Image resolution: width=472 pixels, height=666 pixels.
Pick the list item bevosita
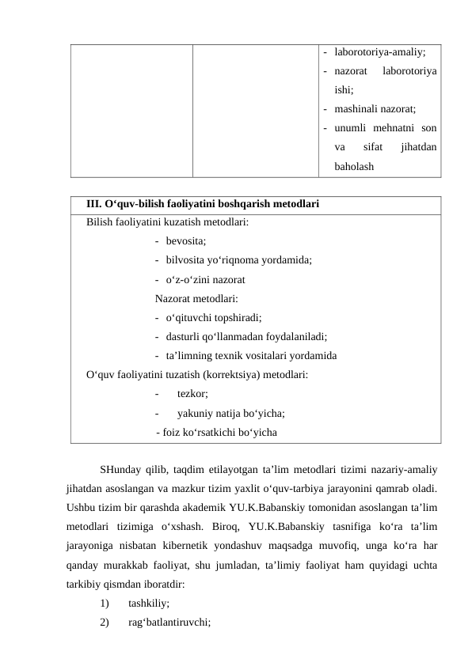click(186, 241)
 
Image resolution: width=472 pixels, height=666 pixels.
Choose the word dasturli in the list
click(183, 336)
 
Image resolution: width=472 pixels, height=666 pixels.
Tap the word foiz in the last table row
click(172, 432)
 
